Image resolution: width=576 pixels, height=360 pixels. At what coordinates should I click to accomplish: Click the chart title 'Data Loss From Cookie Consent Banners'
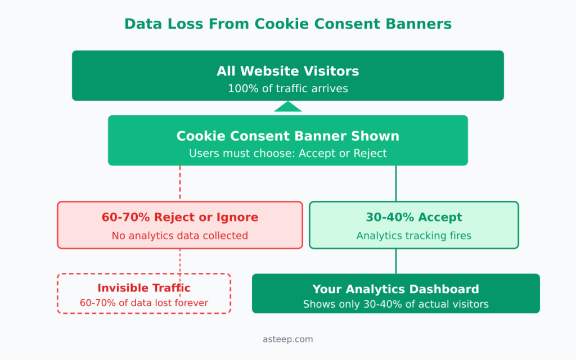[287, 24]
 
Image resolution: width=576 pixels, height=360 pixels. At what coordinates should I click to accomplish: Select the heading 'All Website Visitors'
[287, 71]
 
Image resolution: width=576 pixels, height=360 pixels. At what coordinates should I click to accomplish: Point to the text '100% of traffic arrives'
[287, 89]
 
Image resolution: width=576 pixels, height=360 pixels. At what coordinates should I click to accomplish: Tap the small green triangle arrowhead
[288, 107]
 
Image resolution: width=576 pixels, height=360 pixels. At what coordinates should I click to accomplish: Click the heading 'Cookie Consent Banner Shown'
[287, 136]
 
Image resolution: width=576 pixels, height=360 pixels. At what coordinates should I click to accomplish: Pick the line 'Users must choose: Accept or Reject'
[287, 154]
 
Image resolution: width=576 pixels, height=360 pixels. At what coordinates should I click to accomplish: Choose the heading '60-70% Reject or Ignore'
[179, 217]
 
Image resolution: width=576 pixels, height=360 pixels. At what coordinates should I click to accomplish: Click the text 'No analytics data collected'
[179, 236]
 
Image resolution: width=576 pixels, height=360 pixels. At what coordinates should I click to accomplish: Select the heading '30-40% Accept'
[413, 217]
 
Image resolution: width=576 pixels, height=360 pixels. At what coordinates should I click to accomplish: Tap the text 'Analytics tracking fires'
[413, 236]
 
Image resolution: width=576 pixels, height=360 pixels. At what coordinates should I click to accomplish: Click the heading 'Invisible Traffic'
[144, 288]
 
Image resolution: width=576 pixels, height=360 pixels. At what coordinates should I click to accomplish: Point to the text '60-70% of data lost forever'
[144, 303]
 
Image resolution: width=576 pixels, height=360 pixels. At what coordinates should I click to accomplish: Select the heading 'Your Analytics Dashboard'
[395, 289]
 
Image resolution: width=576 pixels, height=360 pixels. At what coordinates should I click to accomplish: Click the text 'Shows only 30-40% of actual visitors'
[395, 304]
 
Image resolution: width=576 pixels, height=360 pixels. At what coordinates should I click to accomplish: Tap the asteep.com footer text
[287, 339]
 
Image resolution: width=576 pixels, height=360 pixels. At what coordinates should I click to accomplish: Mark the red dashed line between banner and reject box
[180, 183]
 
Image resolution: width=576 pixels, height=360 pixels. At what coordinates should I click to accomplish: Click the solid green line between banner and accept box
[396, 183]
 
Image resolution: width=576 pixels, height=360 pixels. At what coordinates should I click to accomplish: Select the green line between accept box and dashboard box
[396, 261]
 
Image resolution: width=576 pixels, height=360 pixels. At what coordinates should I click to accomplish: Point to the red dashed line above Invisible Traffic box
[180, 261]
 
